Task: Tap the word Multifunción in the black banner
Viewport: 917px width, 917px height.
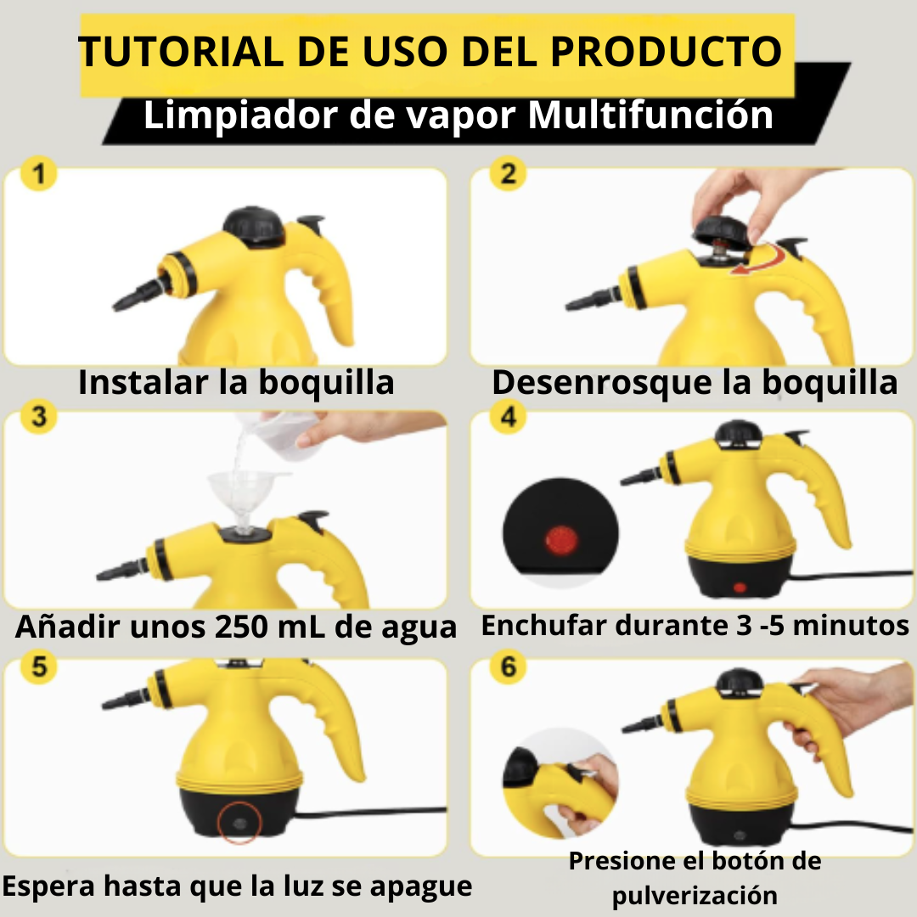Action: click(650, 115)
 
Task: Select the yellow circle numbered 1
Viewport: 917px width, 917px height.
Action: click(38, 174)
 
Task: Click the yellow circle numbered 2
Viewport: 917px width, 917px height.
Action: click(508, 174)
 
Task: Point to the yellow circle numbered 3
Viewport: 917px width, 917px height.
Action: click(38, 416)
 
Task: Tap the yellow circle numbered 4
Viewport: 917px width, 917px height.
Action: click(508, 416)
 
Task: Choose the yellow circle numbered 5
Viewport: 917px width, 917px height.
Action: click(38, 667)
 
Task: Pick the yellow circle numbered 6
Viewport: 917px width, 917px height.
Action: click(508, 667)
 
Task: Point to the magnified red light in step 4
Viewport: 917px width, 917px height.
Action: click(561, 540)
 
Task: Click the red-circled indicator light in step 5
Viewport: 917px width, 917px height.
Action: click(239, 822)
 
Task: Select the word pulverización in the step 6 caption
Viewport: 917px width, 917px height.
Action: click(695, 896)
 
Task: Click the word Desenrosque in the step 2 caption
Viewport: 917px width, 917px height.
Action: click(602, 383)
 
